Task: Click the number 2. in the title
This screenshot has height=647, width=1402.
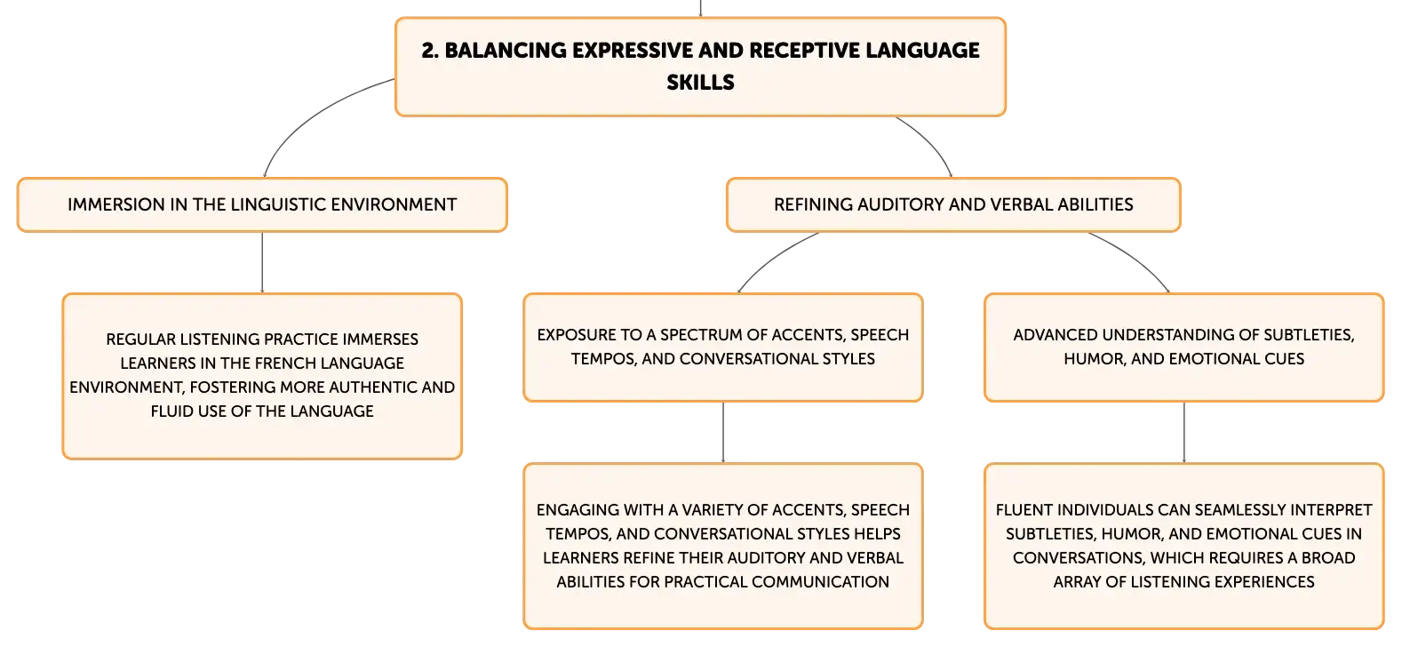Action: (430, 50)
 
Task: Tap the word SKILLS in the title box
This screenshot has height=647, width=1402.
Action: (700, 82)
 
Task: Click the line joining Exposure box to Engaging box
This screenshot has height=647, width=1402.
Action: (723, 432)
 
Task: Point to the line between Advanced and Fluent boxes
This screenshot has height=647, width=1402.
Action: (1183, 432)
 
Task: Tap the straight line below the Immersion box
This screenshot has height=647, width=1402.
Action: (262, 262)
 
